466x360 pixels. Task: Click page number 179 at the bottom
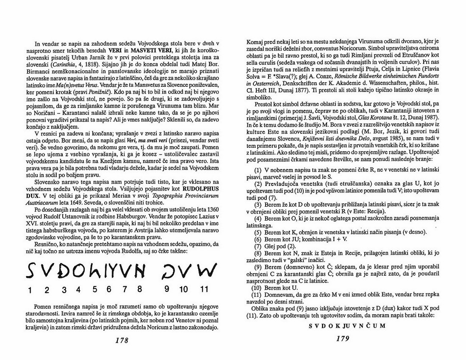342,338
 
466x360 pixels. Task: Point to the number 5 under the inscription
95,289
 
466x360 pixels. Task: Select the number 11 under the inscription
204,290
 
